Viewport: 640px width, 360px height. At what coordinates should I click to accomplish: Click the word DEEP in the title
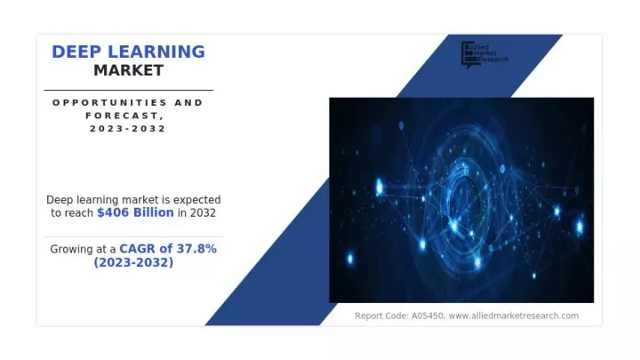pos(76,52)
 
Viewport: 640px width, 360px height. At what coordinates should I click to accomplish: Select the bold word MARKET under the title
pos(129,70)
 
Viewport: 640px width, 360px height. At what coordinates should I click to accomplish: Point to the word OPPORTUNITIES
pos(110,102)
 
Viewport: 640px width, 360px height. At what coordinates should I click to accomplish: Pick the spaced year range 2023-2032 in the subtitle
pos(128,129)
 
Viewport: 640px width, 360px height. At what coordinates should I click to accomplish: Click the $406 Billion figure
pos(135,212)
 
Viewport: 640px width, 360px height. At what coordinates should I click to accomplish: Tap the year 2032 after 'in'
pos(203,212)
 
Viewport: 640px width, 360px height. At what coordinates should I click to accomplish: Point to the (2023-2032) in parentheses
pos(133,262)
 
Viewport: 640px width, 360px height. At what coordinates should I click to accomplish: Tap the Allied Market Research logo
pos(485,55)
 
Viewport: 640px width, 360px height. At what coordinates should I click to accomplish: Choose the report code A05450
pos(428,316)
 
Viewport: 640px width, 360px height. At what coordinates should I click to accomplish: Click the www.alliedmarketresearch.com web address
pos(514,316)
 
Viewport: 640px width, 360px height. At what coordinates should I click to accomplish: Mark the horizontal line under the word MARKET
pos(129,90)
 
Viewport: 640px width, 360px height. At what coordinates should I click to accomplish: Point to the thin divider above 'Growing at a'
pos(134,236)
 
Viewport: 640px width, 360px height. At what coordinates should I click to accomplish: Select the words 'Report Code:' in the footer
pos(381,316)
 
